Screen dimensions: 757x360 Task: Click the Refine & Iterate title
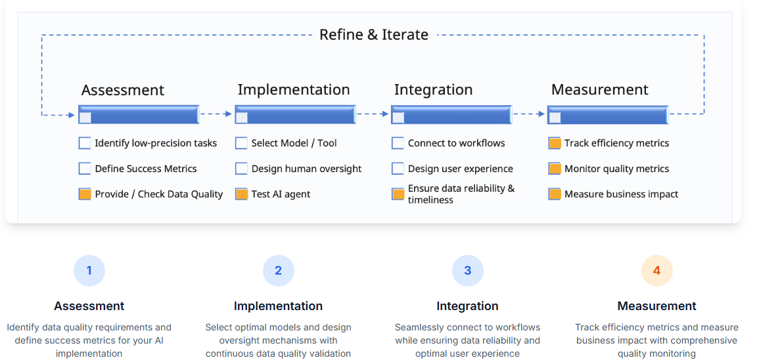point(374,35)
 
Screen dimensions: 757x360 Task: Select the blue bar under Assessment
point(139,114)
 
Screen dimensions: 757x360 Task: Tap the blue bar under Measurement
point(608,114)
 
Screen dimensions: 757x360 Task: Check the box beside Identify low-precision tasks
point(85,143)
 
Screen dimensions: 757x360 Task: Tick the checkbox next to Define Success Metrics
point(85,168)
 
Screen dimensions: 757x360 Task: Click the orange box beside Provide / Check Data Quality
point(85,194)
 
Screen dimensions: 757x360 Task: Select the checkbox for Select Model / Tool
point(241,143)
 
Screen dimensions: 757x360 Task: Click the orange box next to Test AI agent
point(241,194)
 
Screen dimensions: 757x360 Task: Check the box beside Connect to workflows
point(398,143)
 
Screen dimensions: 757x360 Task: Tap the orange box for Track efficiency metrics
point(555,143)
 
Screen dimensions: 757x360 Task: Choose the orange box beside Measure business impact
point(555,194)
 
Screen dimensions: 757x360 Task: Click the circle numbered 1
point(89,271)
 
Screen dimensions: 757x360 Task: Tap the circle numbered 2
point(278,271)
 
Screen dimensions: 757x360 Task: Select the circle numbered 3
point(467,271)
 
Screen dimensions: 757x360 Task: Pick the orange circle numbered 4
point(656,271)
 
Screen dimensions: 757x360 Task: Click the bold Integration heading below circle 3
point(467,306)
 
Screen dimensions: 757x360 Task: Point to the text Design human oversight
point(307,169)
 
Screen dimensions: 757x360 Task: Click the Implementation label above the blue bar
point(294,90)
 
